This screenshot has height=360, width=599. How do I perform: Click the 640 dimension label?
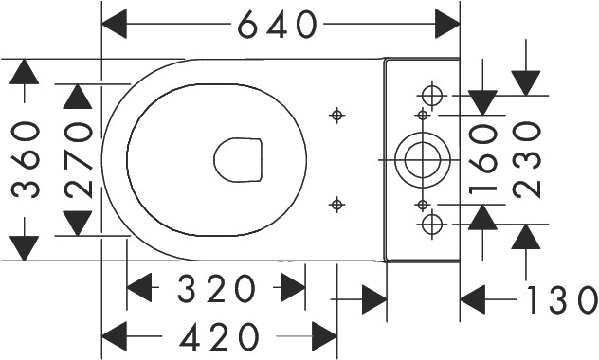(x=278, y=25)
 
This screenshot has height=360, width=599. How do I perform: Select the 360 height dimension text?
(x=26, y=159)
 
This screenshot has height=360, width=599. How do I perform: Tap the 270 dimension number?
(x=79, y=160)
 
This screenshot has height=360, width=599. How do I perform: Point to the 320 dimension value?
(x=216, y=288)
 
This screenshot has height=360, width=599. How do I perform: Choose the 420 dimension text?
(x=219, y=336)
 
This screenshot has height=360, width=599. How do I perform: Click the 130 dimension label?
(x=562, y=300)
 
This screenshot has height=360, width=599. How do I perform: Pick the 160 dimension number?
(x=483, y=159)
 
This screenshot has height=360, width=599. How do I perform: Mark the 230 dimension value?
(x=526, y=159)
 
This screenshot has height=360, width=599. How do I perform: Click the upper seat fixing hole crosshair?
(x=336, y=115)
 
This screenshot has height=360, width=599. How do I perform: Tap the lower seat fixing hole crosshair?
(x=336, y=205)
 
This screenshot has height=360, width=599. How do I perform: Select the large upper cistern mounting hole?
(x=432, y=96)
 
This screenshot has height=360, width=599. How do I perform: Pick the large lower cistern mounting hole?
(x=432, y=225)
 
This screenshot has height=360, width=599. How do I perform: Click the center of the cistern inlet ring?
(x=422, y=159)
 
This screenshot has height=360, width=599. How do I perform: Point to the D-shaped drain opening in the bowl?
(x=238, y=159)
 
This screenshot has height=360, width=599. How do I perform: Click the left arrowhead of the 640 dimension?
(x=115, y=24)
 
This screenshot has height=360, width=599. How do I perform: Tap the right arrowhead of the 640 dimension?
(x=447, y=24)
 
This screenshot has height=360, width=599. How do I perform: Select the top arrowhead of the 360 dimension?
(x=24, y=72)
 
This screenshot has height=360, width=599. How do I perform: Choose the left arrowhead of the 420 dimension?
(x=115, y=336)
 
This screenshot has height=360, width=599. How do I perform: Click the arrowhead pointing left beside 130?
(x=473, y=299)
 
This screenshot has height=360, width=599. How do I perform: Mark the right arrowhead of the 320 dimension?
(x=293, y=287)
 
